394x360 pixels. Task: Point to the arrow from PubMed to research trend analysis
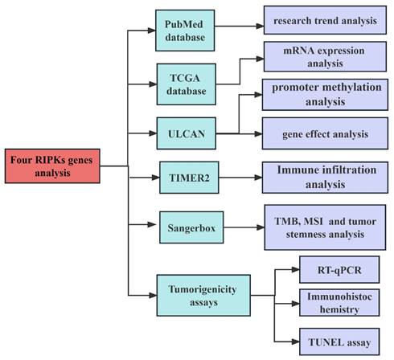pos(240,26)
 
